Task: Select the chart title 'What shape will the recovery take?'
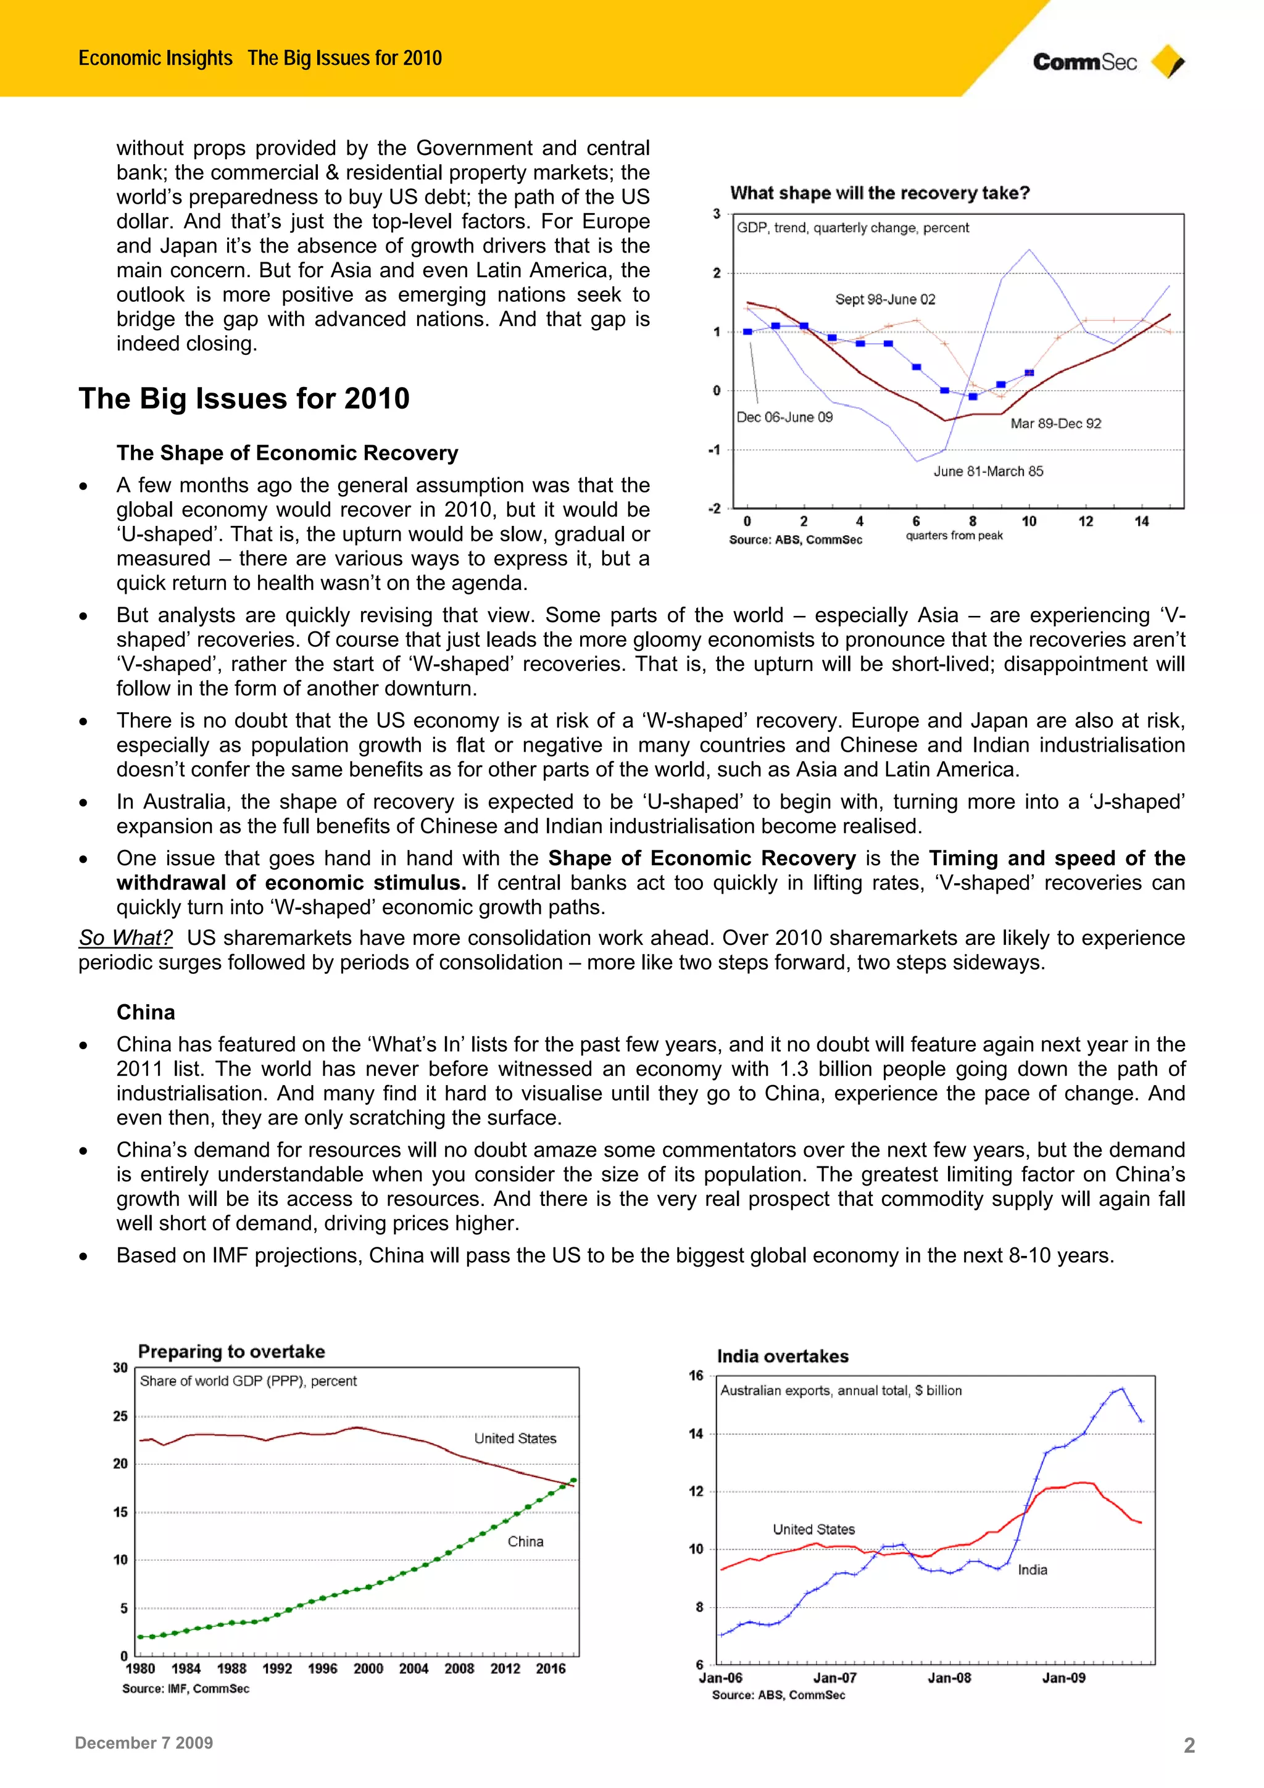coord(879,193)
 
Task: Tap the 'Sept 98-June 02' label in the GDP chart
coord(884,300)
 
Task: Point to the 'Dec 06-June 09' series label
coord(784,417)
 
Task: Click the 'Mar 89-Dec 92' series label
coord(1055,423)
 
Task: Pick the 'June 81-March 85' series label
coord(987,471)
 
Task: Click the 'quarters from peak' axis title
coord(954,536)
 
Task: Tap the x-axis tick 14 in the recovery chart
coord(1141,522)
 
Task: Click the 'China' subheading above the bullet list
coord(146,1012)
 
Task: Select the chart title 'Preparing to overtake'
coord(231,1352)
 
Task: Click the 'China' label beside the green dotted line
coord(525,1542)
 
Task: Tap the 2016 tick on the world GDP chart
coord(550,1669)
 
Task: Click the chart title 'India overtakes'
coord(782,1357)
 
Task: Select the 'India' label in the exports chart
coord(1032,1570)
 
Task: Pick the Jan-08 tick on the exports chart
coord(949,1678)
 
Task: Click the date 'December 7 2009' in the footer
coord(144,1743)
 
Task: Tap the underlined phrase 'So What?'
coord(125,938)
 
